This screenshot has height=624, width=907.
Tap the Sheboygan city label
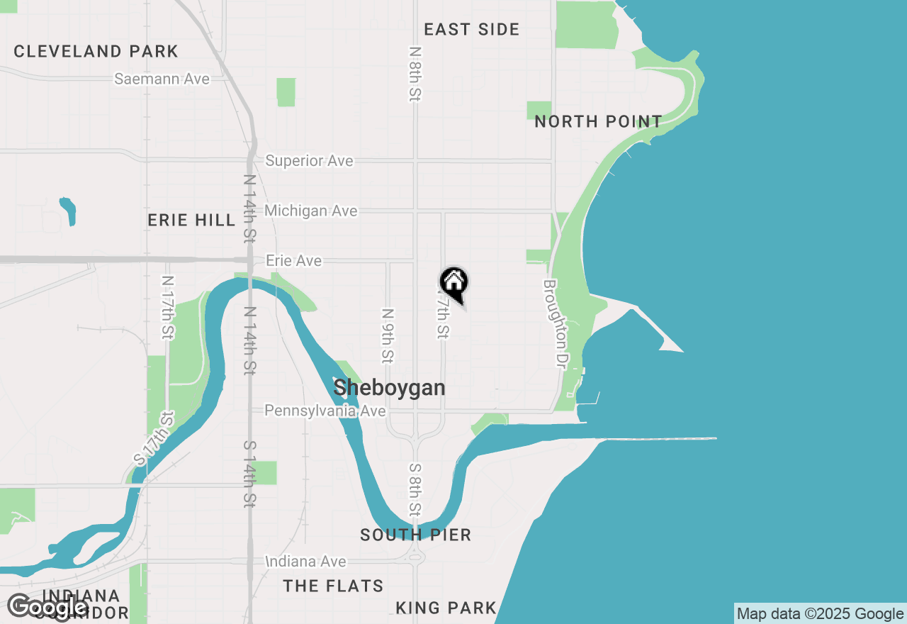click(x=389, y=388)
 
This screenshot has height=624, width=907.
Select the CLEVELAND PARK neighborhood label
click(x=96, y=51)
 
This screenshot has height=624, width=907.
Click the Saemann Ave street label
click(x=162, y=79)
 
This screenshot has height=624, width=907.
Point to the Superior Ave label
click(x=309, y=161)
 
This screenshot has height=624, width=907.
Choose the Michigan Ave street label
click(x=310, y=211)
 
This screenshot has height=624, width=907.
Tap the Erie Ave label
click(x=293, y=261)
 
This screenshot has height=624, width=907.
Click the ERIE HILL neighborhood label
click(x=191, y=221)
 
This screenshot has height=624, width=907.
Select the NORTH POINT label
click(x=598, y=122)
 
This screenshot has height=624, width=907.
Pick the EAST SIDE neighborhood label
click(x=471, y=29)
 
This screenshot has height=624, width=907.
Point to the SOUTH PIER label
click(x=415, y=535)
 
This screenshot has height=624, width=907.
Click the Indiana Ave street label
click(x=305, y=562)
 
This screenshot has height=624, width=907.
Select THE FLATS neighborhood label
click(x=333, y=586)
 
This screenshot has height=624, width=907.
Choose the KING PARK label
click(x=446, y=608)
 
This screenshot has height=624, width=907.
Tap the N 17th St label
click(x=167, y=307)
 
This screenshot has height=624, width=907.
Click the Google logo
click(x=47, y=607)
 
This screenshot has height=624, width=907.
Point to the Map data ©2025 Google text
click(x=820, y=614)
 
